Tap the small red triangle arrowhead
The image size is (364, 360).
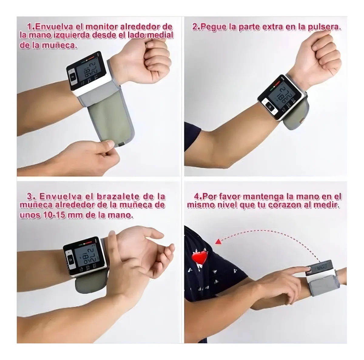pos(218,242)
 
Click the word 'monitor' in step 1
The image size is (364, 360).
pos(101,27)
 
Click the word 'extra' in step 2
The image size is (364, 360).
pos(272,27)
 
